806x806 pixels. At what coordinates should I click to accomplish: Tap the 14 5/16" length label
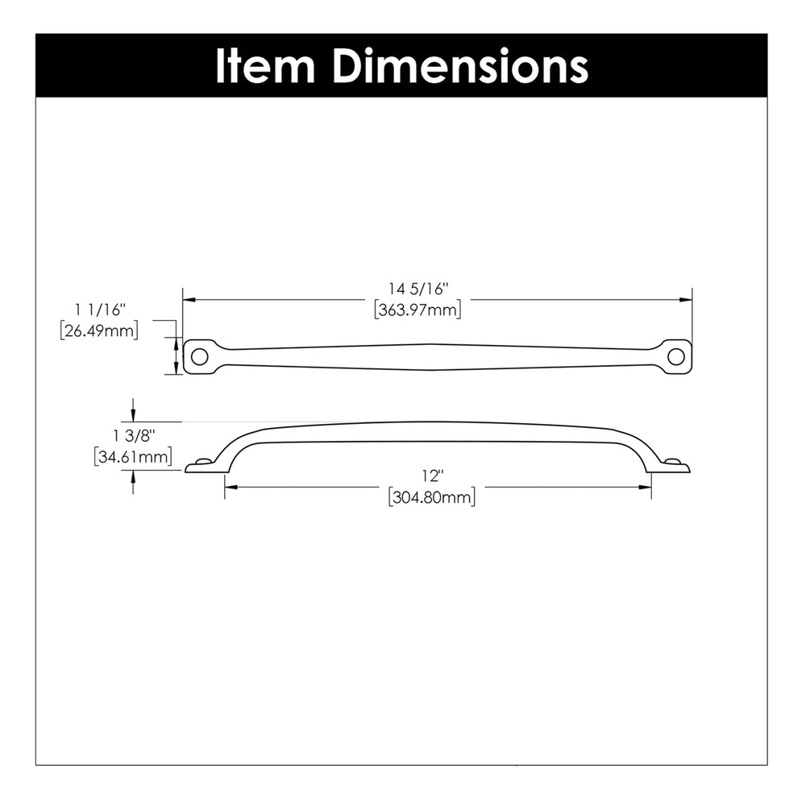pyautogui.click(x=418, y=289)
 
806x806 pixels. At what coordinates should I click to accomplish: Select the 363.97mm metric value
pyautogui.click(x=418, y=310)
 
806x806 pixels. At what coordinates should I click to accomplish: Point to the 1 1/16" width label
pyautogui.click(x=100, y=310)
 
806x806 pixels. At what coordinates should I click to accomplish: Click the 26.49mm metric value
pyautogui.click(x=99, y=330)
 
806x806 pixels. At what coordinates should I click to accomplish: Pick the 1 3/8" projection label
pyautogui.click(x=134, y=436)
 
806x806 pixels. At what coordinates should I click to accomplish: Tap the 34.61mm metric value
pyautogui.click(x=133, y=456)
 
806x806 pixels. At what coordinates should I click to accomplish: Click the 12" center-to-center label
pyautogui.click(x=432, y=476)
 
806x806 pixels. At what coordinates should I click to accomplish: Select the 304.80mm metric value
pyautogui.click(x=432, y=497)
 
